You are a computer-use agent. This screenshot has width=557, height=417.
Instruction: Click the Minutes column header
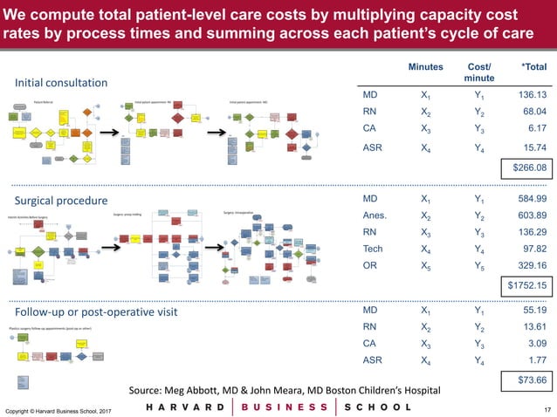click(424, 67)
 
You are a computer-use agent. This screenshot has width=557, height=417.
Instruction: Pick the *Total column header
click(533, 67)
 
